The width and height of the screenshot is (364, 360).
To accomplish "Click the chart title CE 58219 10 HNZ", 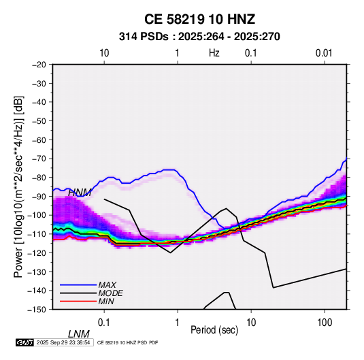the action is coord(199,19).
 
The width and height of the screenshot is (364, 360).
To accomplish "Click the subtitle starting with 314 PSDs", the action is coord(199,37).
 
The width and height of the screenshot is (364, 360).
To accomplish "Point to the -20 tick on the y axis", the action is coord(39,65).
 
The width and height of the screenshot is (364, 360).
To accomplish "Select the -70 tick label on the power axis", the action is coord(39,159).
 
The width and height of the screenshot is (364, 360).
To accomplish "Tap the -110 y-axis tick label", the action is coord(37,234).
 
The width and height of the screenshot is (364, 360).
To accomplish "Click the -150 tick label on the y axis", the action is coord(37,310).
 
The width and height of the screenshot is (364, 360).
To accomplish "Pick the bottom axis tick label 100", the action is coord(325,323).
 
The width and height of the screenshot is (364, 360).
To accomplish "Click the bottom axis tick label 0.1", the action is coord(104,323).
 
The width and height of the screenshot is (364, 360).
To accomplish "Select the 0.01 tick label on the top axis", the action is coord(324,53).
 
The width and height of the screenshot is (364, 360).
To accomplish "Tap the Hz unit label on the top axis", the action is coord(214,53).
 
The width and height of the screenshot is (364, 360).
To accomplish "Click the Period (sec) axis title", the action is coord(214,330).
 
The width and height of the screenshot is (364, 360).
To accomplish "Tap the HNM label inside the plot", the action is coord(80,193).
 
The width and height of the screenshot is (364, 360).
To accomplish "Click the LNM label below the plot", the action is coord(79,334).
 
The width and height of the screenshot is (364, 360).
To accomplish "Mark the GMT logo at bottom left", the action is coord(25,342).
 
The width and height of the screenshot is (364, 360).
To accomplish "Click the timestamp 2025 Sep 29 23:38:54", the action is coord(63,342).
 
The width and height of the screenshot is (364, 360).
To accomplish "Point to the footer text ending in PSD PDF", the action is coord(127,342).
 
